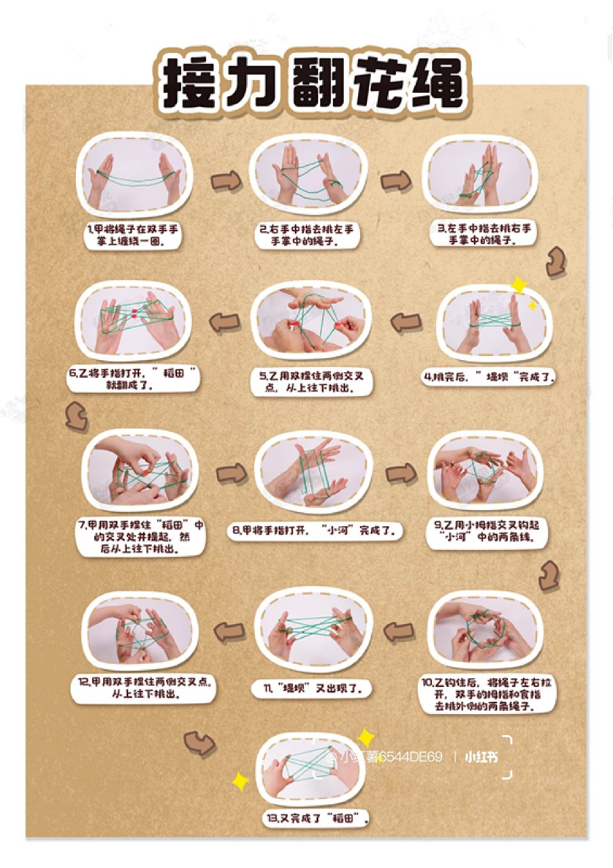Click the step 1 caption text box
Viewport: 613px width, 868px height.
click(x=132, y=235)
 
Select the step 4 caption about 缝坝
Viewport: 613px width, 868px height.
click(x=488, y=376)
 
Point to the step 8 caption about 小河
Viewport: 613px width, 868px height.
click(x=315, y=530)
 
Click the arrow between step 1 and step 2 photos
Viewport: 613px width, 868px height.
click(x=226, y=181)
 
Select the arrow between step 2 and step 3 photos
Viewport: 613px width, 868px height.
click(x=395, y=181)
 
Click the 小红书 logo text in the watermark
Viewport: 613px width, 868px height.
click(x=481, y=757)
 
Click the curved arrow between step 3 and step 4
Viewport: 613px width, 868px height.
click(x=557, y=261)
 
